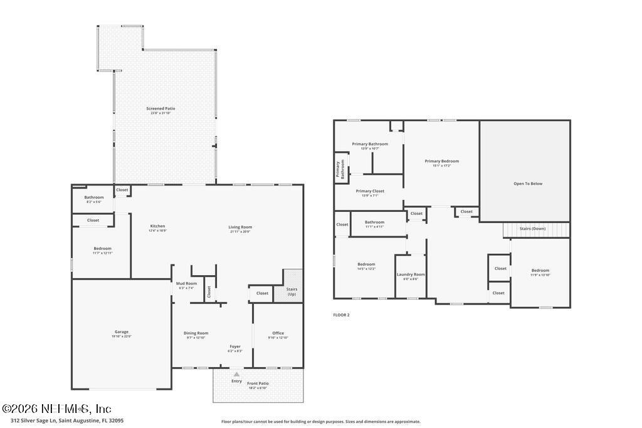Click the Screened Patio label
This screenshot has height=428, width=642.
160,109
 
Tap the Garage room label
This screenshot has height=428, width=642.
122,332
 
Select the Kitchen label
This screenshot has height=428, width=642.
157,226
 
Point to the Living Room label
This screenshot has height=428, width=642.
241,227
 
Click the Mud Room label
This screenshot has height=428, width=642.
186,284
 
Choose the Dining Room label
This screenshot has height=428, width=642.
196,333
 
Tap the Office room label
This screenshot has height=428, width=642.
278,333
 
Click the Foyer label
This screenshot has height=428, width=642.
234,347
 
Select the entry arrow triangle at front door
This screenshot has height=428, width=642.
236,374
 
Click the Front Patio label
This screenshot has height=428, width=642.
257,384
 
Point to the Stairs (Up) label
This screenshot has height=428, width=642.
292,291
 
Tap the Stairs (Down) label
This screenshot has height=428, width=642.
532,229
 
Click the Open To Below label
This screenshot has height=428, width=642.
528,184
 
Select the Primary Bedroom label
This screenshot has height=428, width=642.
441,161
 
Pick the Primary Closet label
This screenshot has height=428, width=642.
370,191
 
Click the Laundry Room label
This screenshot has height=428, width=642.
411,274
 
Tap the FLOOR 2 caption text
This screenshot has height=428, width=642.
341,315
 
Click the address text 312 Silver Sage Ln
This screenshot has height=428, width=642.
63,421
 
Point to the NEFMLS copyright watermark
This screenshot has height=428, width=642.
56,409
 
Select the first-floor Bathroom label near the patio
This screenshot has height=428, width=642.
94,197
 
